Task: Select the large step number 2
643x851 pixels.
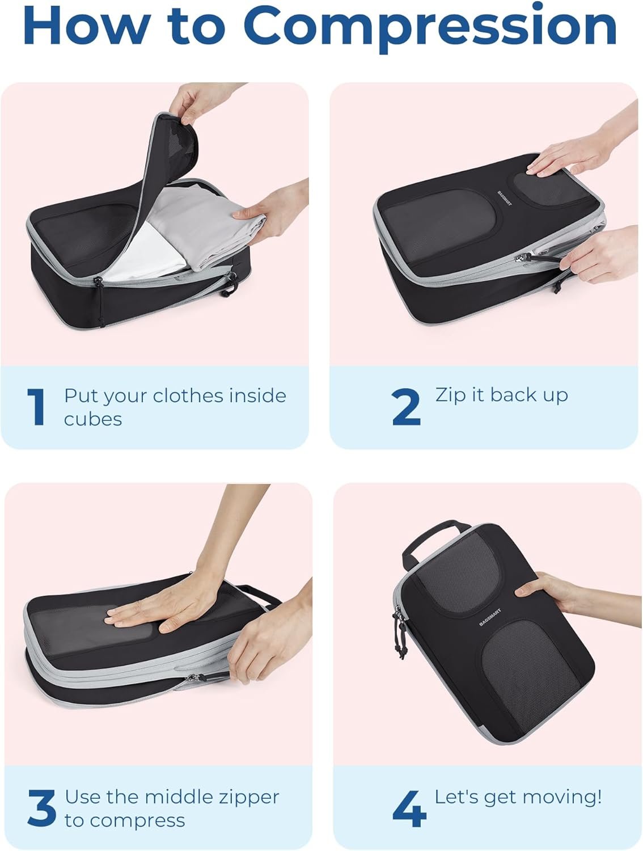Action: pos(406,406)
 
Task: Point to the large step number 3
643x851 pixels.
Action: pos(41,808)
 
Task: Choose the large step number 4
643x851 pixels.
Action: pos(409,808)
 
